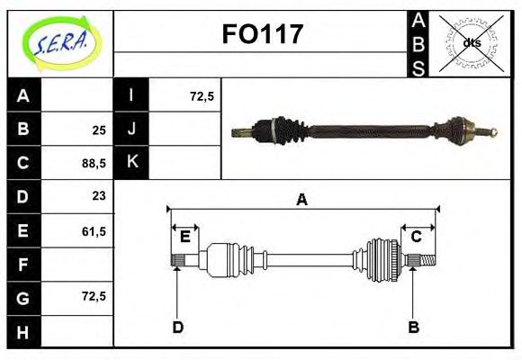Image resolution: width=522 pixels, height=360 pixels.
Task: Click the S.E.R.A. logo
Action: tap(59, 41)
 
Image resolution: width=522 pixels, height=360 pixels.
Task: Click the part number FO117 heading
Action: tap(262, 35)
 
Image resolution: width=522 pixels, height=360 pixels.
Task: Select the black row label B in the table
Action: tap(23, 130)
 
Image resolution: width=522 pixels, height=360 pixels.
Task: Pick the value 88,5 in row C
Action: tap(94, 164)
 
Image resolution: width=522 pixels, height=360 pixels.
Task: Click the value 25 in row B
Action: tap(99, 130)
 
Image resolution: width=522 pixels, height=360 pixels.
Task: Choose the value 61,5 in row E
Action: tap(94, 231)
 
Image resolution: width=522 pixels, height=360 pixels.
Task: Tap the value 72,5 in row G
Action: tap(94, 295)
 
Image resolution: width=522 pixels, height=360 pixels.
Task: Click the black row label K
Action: tap(131, 163)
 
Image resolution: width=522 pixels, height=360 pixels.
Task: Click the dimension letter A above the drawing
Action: tap(302, 200)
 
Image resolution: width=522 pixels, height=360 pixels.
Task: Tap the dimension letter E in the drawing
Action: tap(184, 237)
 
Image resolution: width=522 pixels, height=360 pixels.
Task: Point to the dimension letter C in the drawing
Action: tap(416, 237)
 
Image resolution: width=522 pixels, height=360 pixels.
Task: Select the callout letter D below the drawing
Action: tap(177, 328)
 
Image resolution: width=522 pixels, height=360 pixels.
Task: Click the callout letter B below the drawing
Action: tap(413, 328)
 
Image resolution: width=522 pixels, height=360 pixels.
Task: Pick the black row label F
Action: tap(23, 265)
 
